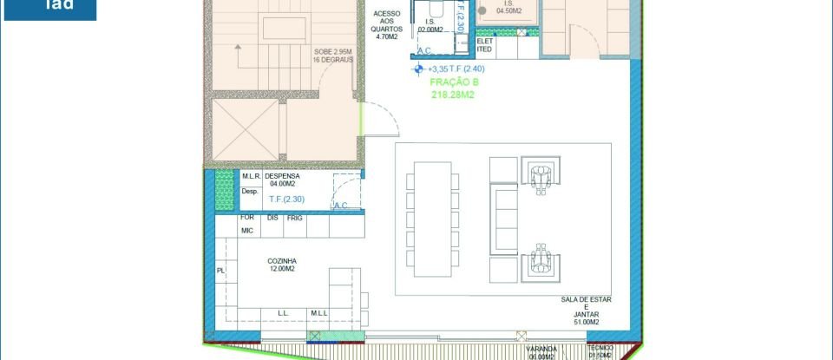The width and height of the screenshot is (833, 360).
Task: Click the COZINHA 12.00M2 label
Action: pos(282,264)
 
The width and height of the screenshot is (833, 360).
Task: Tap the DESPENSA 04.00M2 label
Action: pos(282,180)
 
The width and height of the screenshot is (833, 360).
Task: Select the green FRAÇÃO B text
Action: pos(454,82)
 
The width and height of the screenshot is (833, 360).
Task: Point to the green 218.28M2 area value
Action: pos(454,95)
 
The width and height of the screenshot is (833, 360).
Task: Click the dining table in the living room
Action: pos(431,216)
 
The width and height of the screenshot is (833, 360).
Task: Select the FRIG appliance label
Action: pos(295,218)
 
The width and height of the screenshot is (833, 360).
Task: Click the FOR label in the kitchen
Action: pos(247,218)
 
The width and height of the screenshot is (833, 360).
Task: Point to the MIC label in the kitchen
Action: pos(247,231)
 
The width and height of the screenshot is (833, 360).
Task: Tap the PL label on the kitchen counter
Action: pos(220,271)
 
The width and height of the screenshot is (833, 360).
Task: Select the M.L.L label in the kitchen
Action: pos(318,312)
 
